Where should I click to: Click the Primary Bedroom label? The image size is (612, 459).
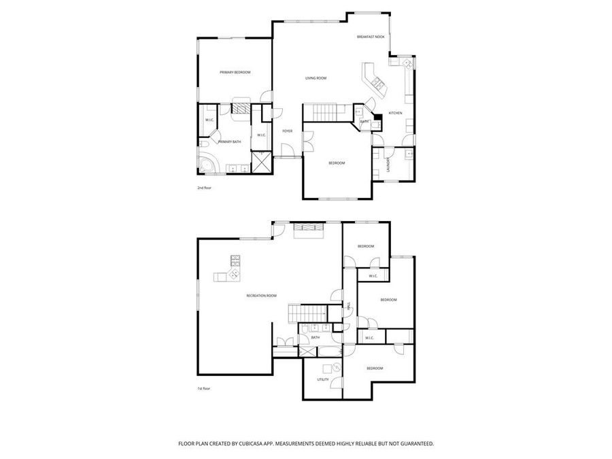[x=235, y=72]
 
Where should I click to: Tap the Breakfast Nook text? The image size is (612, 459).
[x=371, y=36]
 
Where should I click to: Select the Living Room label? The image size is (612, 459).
[x=316, y=78]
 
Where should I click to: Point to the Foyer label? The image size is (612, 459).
[x=288, y=131]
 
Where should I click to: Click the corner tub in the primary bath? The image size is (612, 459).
[x=207, y=164]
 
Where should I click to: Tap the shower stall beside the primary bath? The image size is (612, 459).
[x=261, y=162]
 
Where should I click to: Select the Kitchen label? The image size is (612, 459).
[x=395, y=113]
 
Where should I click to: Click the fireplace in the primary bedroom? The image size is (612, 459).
[x=241, y=107]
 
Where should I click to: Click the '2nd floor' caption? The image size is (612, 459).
[x=205, y=188]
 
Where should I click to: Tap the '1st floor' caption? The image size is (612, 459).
[x=204, y=389]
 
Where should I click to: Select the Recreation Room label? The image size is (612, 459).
[x=262, y=295]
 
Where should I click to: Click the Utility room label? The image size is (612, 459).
[x=323, y=379]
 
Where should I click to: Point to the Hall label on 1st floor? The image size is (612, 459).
[x=349, y=305]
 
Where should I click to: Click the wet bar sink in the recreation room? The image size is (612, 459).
[x=234, y=274]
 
